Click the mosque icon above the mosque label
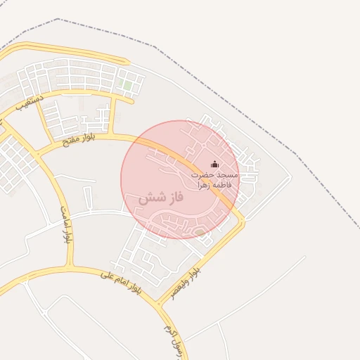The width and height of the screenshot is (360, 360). tap(214, 164)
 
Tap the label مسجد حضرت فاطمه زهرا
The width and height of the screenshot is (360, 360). tap(214, 178)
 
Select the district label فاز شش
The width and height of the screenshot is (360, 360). tap(160, 198)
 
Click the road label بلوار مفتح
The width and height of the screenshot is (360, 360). tap(75, 139)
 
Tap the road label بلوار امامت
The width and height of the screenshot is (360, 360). tap(66, 224)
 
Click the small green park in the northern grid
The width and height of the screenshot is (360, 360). tap(127, 85)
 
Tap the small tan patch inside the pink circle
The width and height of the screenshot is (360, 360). tap(200, 231)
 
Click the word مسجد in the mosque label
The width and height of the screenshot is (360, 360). tap(229, 174)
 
